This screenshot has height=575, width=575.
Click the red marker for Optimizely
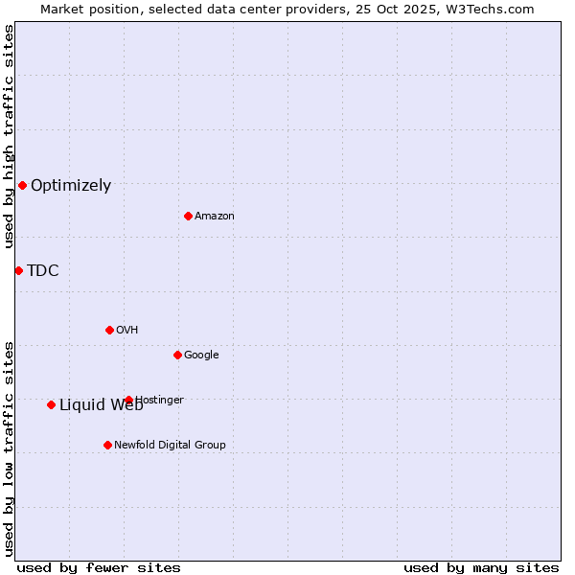22,185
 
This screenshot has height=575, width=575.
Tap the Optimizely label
71,186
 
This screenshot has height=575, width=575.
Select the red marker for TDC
18,270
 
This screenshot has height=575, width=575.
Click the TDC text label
43,270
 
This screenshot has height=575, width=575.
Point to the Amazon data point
188,216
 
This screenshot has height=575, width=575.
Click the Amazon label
215,217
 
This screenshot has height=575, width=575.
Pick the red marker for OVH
109,330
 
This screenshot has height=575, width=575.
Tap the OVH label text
127,331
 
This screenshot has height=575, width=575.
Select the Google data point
177,355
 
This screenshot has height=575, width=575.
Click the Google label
201,356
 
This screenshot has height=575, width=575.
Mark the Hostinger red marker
128,400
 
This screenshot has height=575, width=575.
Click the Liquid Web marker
51,404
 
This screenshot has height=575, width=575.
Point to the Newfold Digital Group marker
107,445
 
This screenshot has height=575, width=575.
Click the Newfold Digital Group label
171,446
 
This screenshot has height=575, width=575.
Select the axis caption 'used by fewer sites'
99,567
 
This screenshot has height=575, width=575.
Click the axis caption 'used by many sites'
481,567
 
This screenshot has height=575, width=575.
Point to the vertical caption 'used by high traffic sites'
9,136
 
